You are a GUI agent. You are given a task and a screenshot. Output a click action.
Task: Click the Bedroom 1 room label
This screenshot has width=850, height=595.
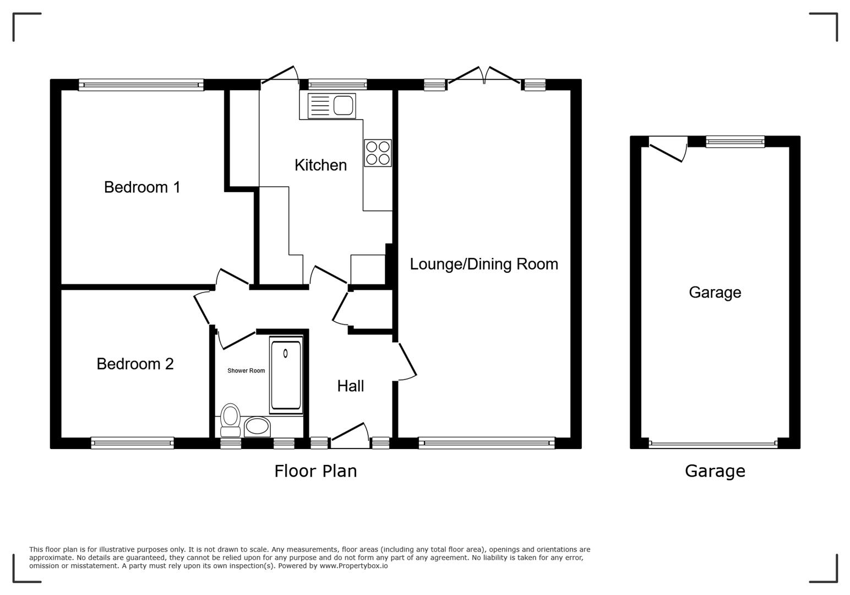142,187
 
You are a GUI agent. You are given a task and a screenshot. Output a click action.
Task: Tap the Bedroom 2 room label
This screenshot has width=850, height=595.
135,364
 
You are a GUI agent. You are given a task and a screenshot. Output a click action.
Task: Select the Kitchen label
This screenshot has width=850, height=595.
320,165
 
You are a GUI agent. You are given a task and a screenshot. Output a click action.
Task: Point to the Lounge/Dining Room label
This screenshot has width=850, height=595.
483,264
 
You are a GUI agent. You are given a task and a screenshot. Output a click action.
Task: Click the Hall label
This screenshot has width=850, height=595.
350,386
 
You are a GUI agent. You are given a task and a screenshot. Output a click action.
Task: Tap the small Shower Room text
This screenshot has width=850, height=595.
246,371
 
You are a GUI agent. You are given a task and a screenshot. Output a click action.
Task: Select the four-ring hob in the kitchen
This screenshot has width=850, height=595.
378,153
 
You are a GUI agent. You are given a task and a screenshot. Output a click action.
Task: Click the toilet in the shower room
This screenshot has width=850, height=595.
230,420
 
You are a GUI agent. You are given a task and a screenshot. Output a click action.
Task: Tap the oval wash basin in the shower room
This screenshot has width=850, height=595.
257,426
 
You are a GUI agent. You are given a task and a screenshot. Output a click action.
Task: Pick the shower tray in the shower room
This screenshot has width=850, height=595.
286,375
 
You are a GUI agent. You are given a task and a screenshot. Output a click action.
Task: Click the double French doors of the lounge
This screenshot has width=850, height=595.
484,77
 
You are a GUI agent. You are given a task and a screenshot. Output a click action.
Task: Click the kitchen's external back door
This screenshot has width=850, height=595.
280,76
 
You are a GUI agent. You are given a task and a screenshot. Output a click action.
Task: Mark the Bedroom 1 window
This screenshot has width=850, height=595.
141,85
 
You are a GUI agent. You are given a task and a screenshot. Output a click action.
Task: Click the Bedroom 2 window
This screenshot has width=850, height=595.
132,442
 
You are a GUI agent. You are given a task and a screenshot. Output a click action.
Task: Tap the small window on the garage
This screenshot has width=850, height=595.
735,142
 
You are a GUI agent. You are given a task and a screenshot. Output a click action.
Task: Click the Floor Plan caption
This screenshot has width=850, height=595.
315,471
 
